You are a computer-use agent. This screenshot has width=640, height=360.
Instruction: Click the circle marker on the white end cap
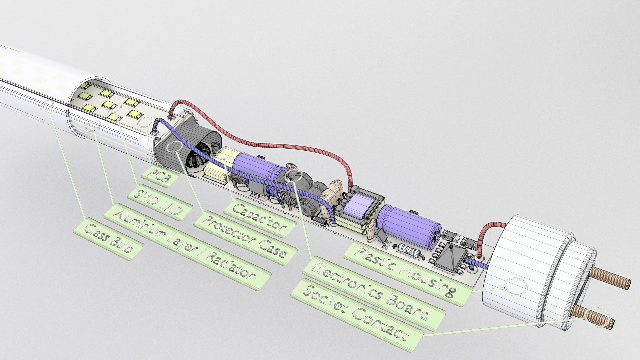pyautogui.click(x=516, y=287)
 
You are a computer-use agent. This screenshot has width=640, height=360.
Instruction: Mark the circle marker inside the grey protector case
pyautogui.click(x=175, y=147)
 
